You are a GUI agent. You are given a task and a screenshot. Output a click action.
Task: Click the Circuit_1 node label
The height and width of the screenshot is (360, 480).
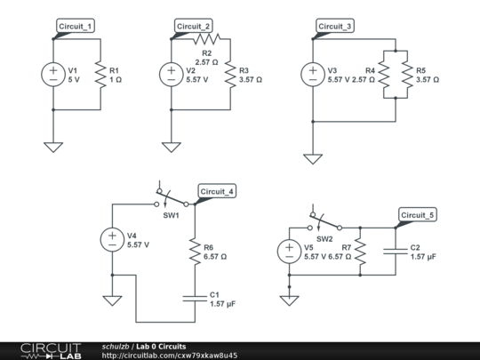click(x=76, y=27)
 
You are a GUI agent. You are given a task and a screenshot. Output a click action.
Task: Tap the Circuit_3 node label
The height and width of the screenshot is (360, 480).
click(x=334, y=27)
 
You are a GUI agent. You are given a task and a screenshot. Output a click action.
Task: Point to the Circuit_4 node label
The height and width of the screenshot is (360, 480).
click(x=216, y=191)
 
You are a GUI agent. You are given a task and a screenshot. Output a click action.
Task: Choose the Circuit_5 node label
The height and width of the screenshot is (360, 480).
click(x=417, y=215)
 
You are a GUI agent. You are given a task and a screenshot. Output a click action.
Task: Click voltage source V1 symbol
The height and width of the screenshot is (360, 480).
click(x=52, y=74)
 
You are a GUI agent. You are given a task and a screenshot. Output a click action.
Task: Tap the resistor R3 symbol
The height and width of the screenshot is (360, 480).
click(x=229, y=74)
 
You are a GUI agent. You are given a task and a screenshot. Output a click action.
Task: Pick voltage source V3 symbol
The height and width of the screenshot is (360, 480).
click(x=312, y=74)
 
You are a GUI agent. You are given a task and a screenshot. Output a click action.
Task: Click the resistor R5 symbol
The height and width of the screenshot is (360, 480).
click(x=406, y=74)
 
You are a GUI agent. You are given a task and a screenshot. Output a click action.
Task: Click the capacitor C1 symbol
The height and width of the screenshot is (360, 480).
click(x=192, y=298)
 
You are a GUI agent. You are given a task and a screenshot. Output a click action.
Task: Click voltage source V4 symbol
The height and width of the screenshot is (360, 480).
click(x=112, y=239)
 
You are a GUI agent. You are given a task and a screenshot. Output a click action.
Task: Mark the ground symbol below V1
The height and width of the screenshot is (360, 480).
click(x=52, y=145)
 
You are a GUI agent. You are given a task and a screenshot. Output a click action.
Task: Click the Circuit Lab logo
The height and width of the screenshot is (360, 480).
click(x=49, y=350)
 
